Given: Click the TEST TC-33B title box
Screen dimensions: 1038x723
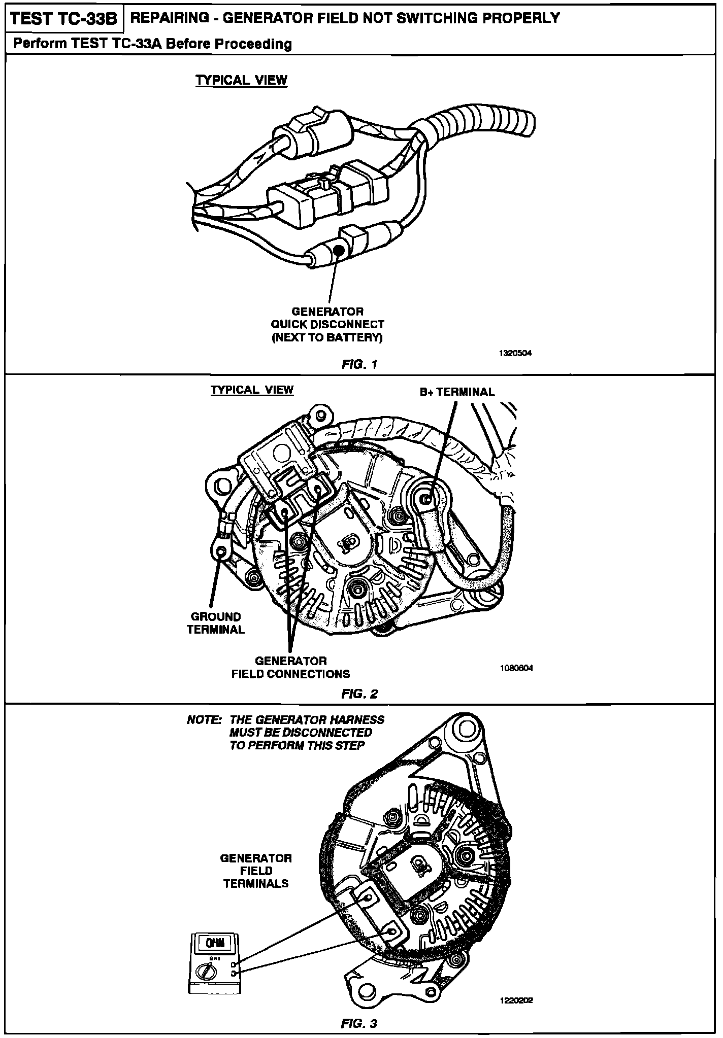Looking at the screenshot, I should [x=64, y=19].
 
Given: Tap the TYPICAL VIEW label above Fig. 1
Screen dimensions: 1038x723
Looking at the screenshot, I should [x=242, y=80].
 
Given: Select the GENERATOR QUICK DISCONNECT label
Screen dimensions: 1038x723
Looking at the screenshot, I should [x=327, y=324].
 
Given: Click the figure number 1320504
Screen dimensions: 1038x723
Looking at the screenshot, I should [x=515, y=353].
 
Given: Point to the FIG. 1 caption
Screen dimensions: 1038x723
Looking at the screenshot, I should [x=360, y=364].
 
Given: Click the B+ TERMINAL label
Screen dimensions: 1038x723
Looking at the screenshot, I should [x=457, y=392].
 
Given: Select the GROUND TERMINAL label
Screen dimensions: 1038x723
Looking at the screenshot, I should [x=216, y=623].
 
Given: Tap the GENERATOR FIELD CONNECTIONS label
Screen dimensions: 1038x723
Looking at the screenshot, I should [x=291, y=667].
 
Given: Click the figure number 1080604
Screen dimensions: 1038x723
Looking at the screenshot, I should [x=516, y=668].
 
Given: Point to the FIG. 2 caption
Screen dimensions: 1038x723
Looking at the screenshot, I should [x=360, y=694].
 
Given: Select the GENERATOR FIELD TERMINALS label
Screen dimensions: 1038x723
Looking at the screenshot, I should [x=256, y=871].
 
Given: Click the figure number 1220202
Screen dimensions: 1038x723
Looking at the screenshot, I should [x=516, y=1000].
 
